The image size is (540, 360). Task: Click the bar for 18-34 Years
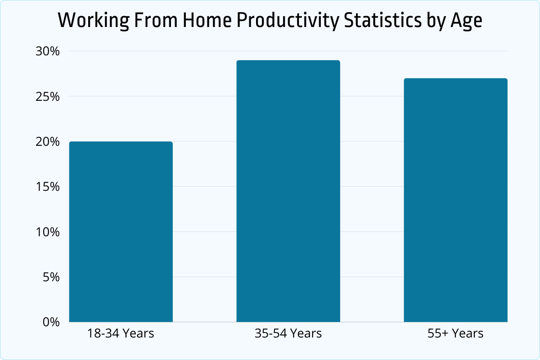coord(121,232)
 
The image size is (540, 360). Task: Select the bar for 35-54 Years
coord(288,191)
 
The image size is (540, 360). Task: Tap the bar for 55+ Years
coord(455,200)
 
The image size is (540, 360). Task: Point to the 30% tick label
coord(47,51)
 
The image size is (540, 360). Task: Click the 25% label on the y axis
coord(47,96)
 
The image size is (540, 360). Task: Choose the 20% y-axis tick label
coord(47,142)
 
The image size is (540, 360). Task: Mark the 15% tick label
coord(47,187)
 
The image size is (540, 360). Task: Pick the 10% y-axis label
coord(47,232)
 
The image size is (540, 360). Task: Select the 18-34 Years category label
coord(121,334)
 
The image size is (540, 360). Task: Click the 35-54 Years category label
coord(288,334)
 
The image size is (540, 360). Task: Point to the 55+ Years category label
coord(455,334)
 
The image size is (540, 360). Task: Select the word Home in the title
coord(195,21)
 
